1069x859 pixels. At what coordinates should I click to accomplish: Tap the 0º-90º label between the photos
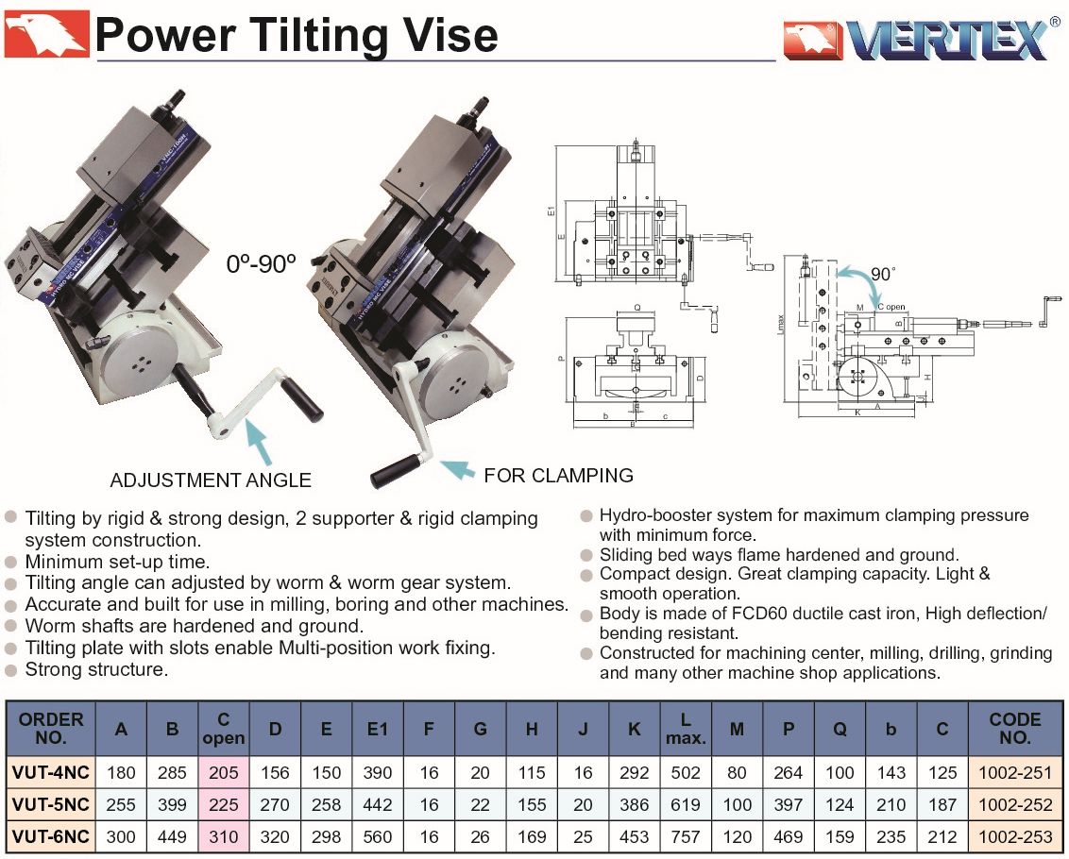click(x=262, y=264)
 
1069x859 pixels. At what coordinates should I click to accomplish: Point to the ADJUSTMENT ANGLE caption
click(x=211, y=480)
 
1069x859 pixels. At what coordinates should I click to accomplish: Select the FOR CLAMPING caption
click(x=558, y=475)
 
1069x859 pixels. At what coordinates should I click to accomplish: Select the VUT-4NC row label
click(x=51, y=772)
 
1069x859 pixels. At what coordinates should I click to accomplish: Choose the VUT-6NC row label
click(x=51, y=836)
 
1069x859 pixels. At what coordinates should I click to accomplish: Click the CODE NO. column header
click(x=1014, y=728)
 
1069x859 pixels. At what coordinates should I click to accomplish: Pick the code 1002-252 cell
click(x=1014, y=804)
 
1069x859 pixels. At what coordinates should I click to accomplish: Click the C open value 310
click(x=224, y=836)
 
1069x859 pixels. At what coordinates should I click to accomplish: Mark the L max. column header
click(x=686, y=728)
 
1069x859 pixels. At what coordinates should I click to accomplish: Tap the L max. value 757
click(x=686, y=836)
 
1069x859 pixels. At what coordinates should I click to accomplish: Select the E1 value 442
click(x=377, y=804)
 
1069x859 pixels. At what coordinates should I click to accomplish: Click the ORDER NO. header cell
click(x=51, y=728)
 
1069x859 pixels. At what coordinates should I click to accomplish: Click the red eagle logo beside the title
click(x=46, y=34)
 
